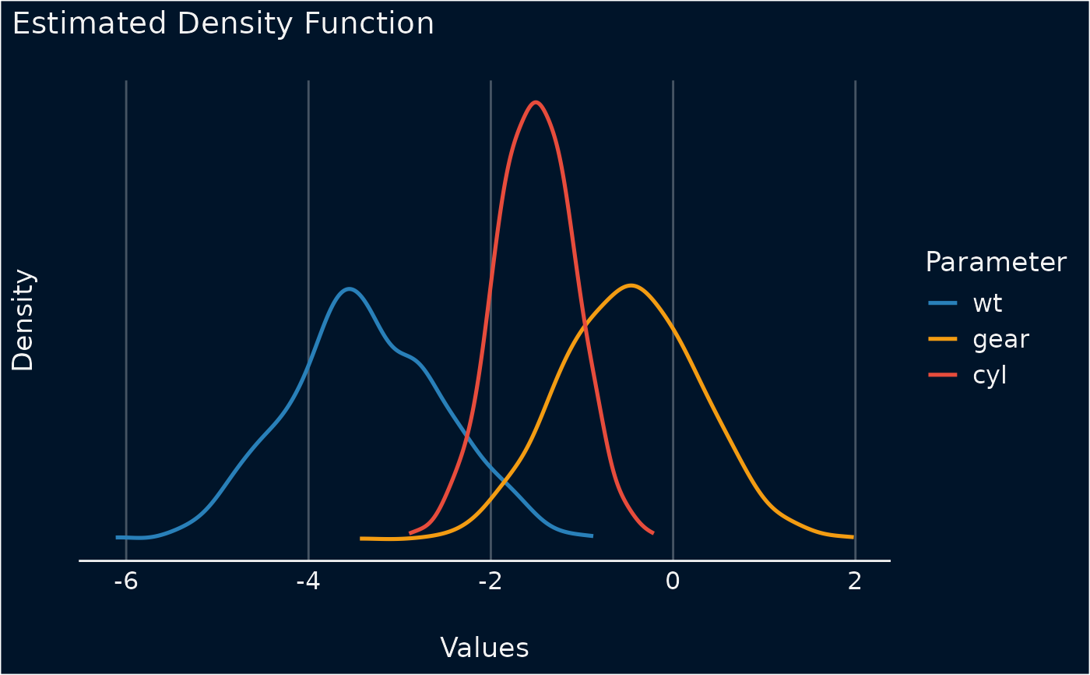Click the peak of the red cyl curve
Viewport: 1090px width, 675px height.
pyautogui.click(x=535, y=102)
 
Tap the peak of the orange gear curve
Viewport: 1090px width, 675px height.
pyautogui.click(x=631, y=285)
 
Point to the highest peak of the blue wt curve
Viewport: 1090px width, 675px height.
pyautogui.click(x=350, y=289)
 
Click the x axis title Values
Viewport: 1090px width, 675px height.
pyautogui.click(x=484, y=648)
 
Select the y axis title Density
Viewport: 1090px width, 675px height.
pyautogui.click(x=23, y=320)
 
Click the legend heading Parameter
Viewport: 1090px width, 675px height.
pyautogui.click(x=996, y=263)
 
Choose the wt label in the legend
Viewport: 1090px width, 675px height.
pyautogui.click(x=987, y=302)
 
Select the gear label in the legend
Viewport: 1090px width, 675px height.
pyautogui.click(x=1001, y=339)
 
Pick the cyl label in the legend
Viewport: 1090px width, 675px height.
pyautogui.click(x=990, y=375)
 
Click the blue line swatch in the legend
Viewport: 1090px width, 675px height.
pyautogui.click(x=943, y=302)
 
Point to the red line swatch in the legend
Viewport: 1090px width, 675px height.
pyautogui.click(x=943, y=375)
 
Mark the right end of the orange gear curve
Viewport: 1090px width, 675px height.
pyautogui.click(x=853, y=537)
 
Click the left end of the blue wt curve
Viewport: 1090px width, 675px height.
pyautogui.click(x=118, y=537)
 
